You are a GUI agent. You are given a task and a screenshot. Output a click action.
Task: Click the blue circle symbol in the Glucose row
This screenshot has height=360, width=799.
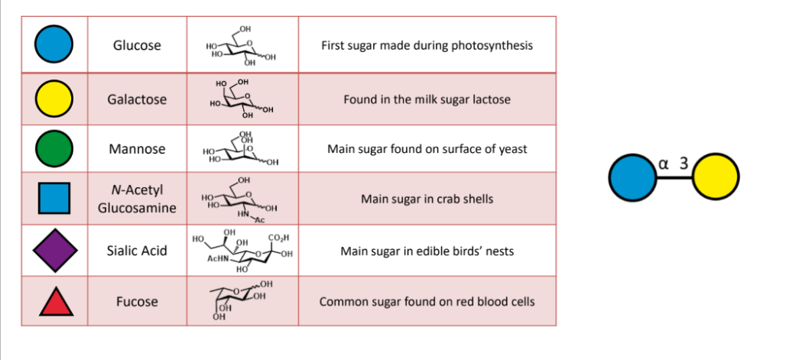pos(54,44)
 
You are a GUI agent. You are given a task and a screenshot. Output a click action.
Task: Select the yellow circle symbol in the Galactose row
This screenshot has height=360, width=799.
pos(54,99)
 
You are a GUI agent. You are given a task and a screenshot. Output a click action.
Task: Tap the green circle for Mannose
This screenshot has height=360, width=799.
pos(54,149)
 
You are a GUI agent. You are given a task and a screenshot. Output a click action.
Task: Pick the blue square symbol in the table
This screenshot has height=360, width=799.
pos(54,198)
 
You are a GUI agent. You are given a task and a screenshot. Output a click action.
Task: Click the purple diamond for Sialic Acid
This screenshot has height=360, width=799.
pos(55,250)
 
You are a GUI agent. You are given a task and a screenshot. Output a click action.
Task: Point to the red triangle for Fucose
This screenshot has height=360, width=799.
pos(56,301)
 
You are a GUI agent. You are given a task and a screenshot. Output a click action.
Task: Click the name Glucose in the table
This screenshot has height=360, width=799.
pos(137,45)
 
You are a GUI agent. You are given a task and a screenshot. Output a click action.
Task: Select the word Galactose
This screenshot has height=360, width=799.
pos(137,99)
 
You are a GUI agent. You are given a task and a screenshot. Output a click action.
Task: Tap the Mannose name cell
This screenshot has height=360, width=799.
pos(137,149)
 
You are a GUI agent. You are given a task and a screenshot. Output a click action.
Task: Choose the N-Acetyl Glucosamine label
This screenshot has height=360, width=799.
pos(137,199)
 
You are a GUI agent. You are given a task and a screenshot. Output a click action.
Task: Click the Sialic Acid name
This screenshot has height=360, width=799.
pos(137,251)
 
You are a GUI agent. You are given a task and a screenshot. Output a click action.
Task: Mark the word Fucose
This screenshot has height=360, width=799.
pos(137,301)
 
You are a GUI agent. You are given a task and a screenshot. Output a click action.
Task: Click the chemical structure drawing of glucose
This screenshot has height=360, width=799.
pos(241,46)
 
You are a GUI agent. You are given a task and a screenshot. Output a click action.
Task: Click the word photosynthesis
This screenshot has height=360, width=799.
pos(495,46)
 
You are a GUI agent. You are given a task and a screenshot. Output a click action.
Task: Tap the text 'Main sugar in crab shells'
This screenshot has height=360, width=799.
pos(427,199)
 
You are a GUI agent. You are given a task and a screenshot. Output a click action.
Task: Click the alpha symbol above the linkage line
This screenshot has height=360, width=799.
pos(663,164)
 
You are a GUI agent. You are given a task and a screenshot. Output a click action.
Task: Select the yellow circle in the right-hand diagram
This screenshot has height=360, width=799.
pos(716,177)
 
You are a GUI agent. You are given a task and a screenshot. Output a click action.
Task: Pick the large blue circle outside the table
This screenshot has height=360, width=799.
pos(632,177)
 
